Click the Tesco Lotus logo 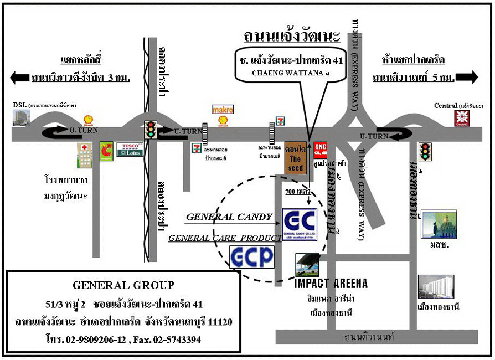pos(130,150)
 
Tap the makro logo pos(223,110)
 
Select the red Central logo pos(461,118)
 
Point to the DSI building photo pos(22,117)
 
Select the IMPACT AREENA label pos(331,284)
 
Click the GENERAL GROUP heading pos(123,285)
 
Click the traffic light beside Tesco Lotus pos(150,130)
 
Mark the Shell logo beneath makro pos(223,121)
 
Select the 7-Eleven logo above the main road pos(281,120)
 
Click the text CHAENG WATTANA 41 pos(291,73)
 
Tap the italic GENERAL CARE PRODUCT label pos(225,238)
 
